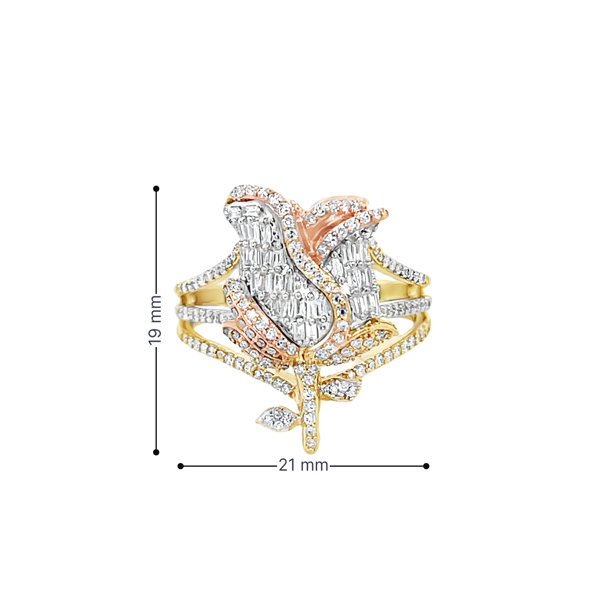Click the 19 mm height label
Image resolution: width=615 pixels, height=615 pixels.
coord(155,320)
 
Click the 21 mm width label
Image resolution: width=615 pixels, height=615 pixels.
coord(303,465)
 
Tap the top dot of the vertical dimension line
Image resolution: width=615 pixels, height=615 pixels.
coord(156,189)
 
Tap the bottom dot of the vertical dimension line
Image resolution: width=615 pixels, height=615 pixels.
coord(156,452)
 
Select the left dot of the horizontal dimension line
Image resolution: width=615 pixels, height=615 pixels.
coord(181,466)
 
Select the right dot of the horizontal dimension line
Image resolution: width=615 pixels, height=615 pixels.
coord(426,466)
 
